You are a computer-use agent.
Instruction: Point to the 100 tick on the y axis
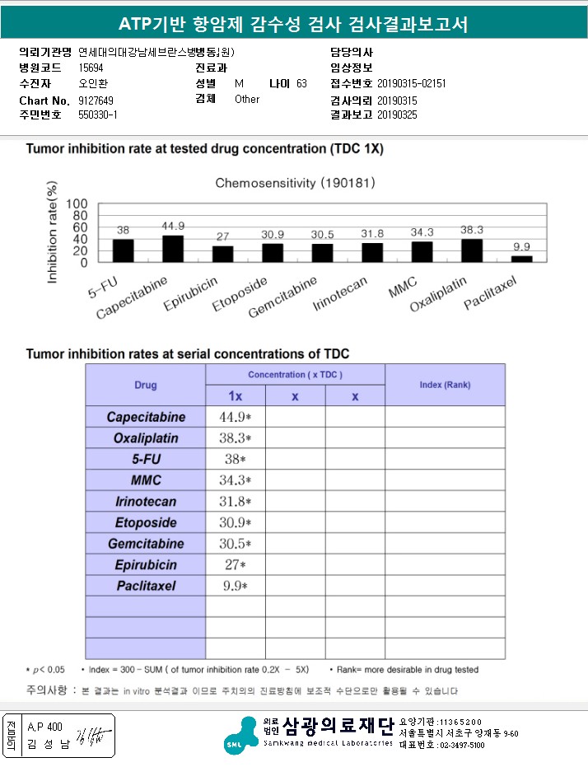(77, 203)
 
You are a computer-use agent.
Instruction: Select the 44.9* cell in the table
(235, 417)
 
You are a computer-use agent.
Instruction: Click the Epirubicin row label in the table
(146, 565)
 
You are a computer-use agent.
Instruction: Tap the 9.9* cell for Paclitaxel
(235, 587)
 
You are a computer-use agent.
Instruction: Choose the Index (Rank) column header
(445, 385)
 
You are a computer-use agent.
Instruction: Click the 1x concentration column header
(235, 395)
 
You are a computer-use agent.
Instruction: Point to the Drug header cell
(146, 385)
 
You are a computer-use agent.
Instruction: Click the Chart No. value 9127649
(96, 100)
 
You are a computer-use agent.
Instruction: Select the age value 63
(301, 84)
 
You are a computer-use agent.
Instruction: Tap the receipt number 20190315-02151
(412, 84)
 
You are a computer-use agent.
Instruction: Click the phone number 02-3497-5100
(460, 745)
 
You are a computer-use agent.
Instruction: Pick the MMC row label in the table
(146, 480)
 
